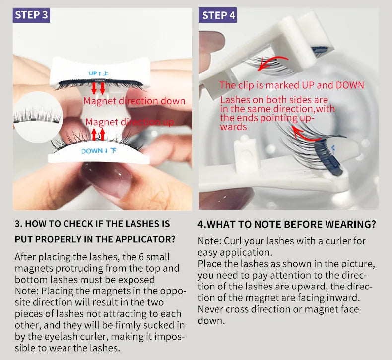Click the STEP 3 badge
[x=31, y=15]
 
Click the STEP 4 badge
[x=218, y=15]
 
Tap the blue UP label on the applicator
[x=99, y=73]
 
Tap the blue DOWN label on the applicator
[x=99, y=151]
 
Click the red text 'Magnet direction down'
[x=134, y=101]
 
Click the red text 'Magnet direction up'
[x=130, y=122]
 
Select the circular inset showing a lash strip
[x=38, y=117]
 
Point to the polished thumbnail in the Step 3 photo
[x=107, y=178]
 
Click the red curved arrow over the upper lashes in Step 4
[x=272, y=61]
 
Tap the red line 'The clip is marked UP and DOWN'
[x=292, y=85]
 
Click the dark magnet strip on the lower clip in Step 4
[x=328, y=157]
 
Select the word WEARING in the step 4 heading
[x=349, y=224]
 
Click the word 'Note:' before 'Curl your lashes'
[x=209, y=241]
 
